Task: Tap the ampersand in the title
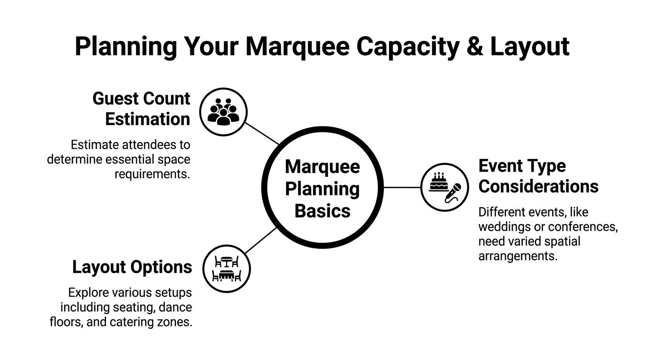[x=474, y=46]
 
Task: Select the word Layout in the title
[x=530, y=46]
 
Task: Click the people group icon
[x=223, y=112]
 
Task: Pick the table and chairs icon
[x=227, y=269]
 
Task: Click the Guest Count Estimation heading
[x=141, y=109]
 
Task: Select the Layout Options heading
[x=132, y=267]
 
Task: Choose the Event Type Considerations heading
[x=538, y=176]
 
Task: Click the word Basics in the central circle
[x=322, y=210]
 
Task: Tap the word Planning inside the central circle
[x=322, y=189]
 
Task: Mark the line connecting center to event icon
[x=402, y=187]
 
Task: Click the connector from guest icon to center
[x=262, y=134]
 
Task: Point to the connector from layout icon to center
[x=261, y=240]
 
